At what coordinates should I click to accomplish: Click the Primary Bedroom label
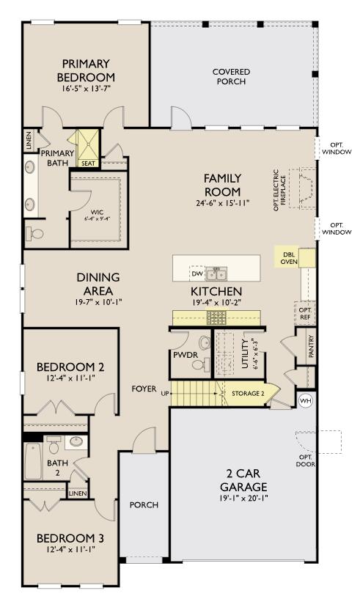(88, 70)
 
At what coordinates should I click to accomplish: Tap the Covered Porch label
(231, 76)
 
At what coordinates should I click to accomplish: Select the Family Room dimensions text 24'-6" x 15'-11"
(222, 202)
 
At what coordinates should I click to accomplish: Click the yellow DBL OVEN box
(289, 257)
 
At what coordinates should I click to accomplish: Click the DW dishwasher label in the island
(196, 273)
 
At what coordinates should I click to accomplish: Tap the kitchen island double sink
(216, 274)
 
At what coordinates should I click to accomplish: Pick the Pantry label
(311, 347)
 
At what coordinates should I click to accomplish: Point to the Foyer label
(144, 388)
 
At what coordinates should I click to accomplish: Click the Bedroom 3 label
(70, 538)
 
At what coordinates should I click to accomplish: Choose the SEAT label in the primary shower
(88, 163)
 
